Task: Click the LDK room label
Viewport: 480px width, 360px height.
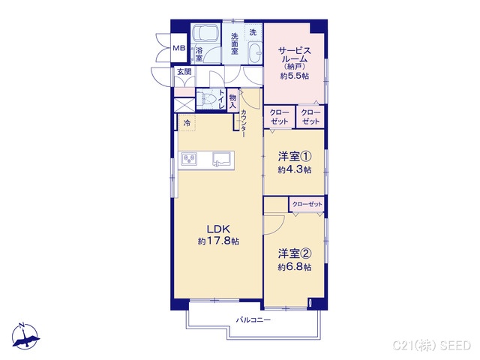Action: (x=218, y=229)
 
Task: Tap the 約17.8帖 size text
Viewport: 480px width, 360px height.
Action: (x=218, y=241)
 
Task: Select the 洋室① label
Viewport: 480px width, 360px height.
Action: (x=295, y=157)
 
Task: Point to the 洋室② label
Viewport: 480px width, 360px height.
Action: (x=295, y=253)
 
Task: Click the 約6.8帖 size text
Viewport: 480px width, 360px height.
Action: (x=295, y=267)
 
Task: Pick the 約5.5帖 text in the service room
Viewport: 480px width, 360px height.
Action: (x=295, y=76)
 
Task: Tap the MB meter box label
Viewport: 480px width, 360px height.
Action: (x=179, y=48)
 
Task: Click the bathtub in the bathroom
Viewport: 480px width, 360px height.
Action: (x=205, y=33)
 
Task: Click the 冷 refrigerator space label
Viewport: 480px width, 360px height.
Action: (x=187, y=123)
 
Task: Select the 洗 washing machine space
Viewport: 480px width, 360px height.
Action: (x=253, y=32)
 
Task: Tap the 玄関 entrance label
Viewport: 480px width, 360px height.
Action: (x=184, y=72)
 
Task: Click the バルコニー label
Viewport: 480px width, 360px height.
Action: (x=253, y=320)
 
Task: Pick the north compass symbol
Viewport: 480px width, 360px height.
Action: (x=25, y=336)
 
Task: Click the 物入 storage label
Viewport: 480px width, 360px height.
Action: (x=233, y=101)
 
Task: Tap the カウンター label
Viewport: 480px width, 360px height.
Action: (x=243, y=123)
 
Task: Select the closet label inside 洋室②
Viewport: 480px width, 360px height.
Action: (x=307, y=204)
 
